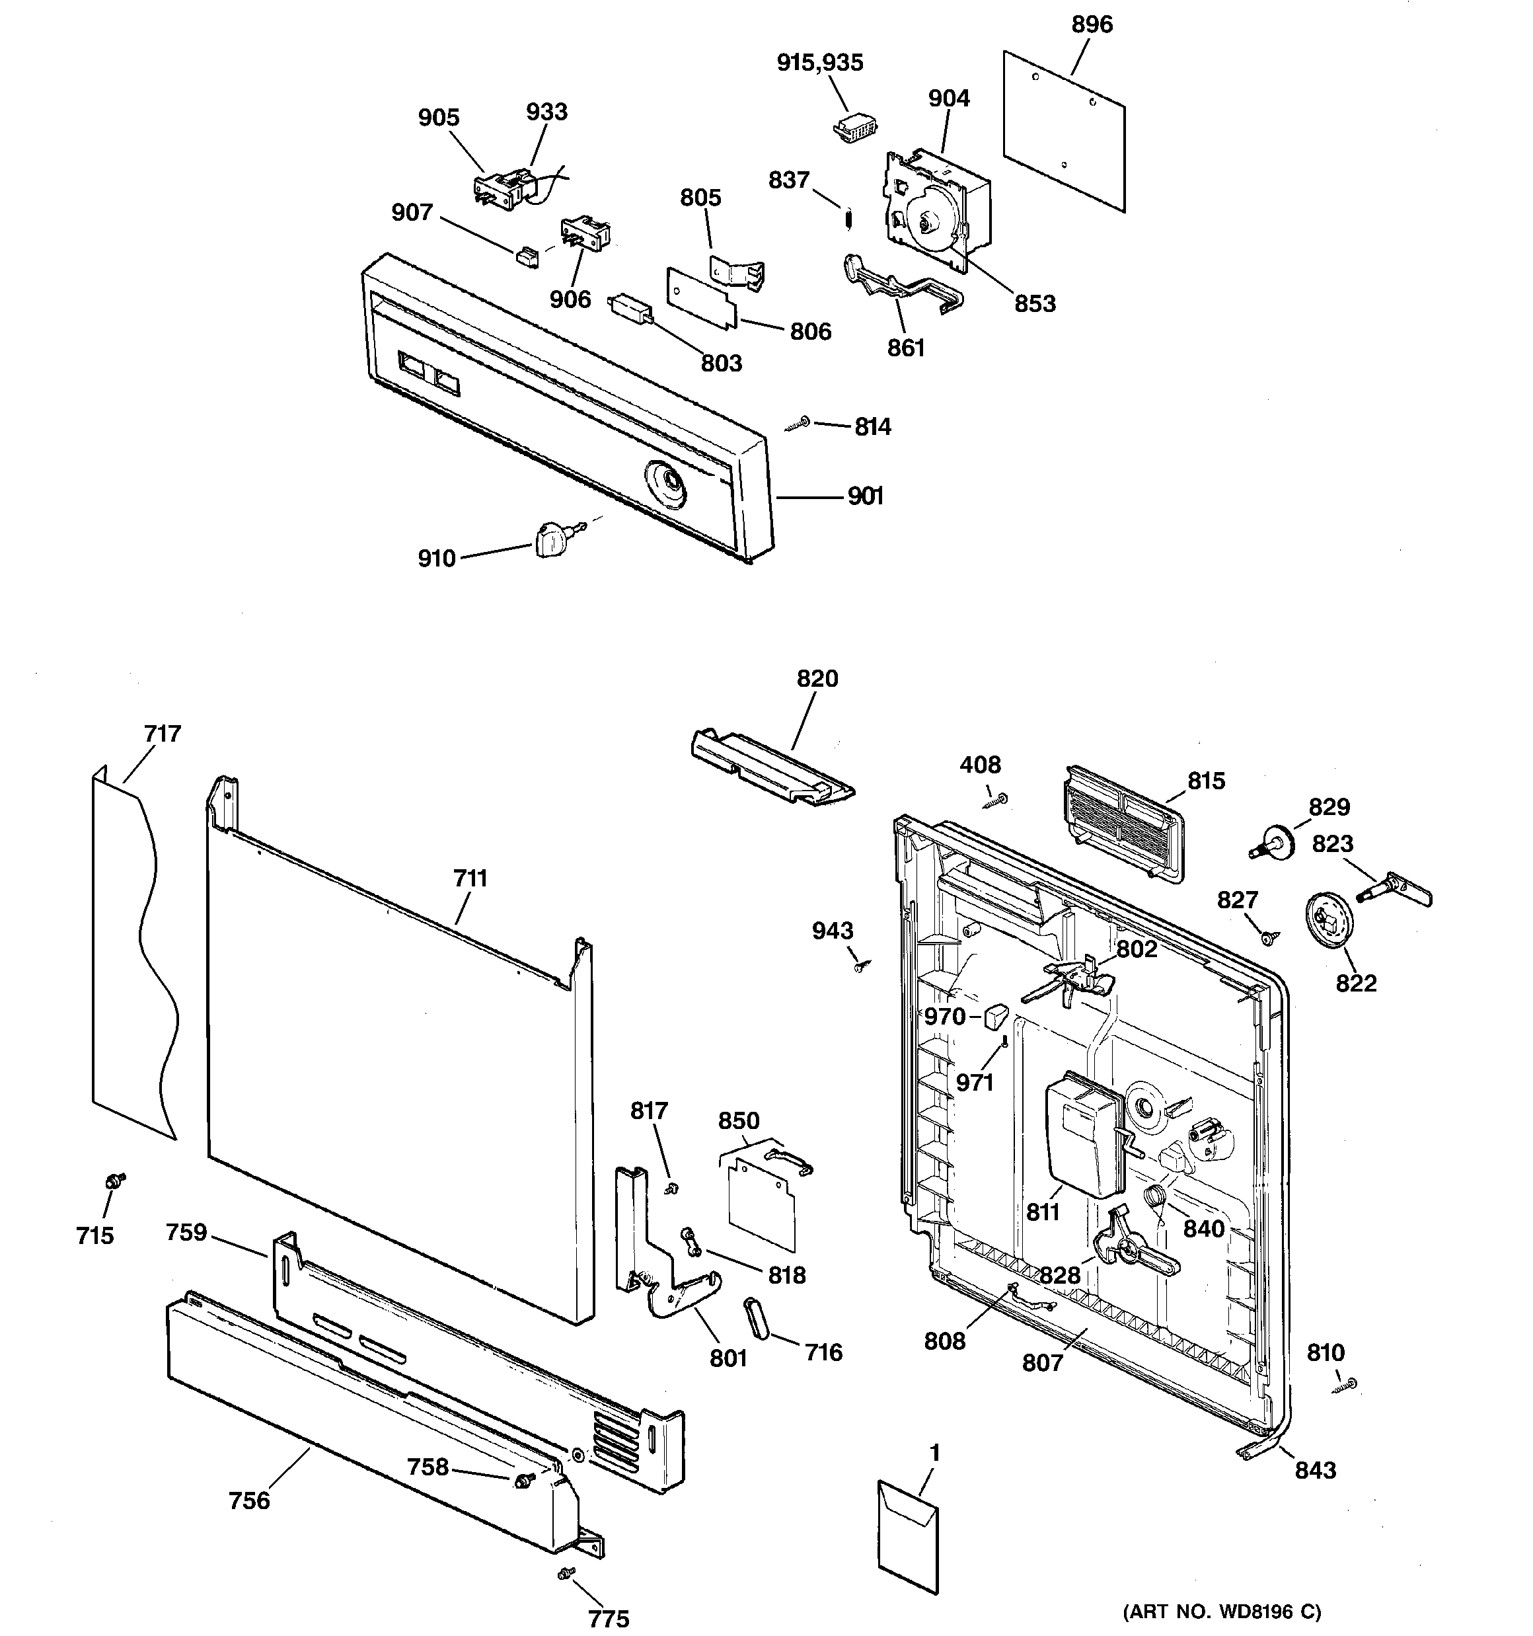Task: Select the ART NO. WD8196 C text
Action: [x=1221, y=1612]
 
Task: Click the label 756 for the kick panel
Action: [x=249, y=1500]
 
